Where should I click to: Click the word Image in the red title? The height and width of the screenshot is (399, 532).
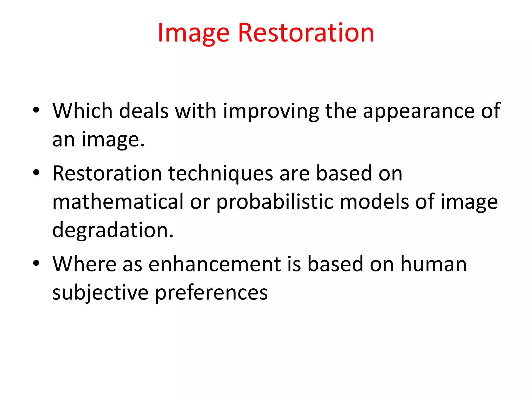[x=194, y=33]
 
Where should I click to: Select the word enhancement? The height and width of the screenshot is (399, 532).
[x=215, y=264]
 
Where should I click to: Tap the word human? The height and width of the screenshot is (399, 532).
[x=434, y=264]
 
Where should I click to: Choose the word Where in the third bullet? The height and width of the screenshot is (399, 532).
[x=84, y=264]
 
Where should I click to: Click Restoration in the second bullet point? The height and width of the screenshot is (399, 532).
[x=107, y=174]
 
